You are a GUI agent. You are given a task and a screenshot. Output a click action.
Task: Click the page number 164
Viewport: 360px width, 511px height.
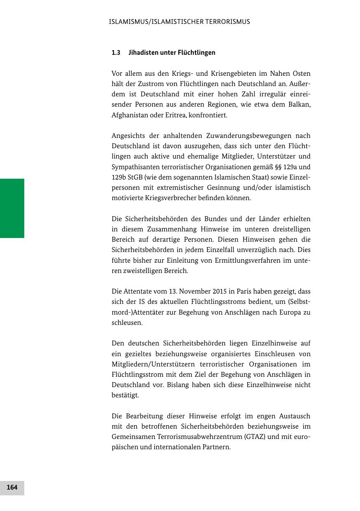tap(12, 488)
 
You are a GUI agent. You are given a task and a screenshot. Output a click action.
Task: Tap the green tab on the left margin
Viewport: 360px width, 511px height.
tap(12, 208)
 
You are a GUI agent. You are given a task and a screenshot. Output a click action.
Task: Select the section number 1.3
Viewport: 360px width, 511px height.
tap(116, 53)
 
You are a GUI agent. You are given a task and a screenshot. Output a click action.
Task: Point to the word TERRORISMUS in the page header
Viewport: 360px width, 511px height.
tap(230, 22)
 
